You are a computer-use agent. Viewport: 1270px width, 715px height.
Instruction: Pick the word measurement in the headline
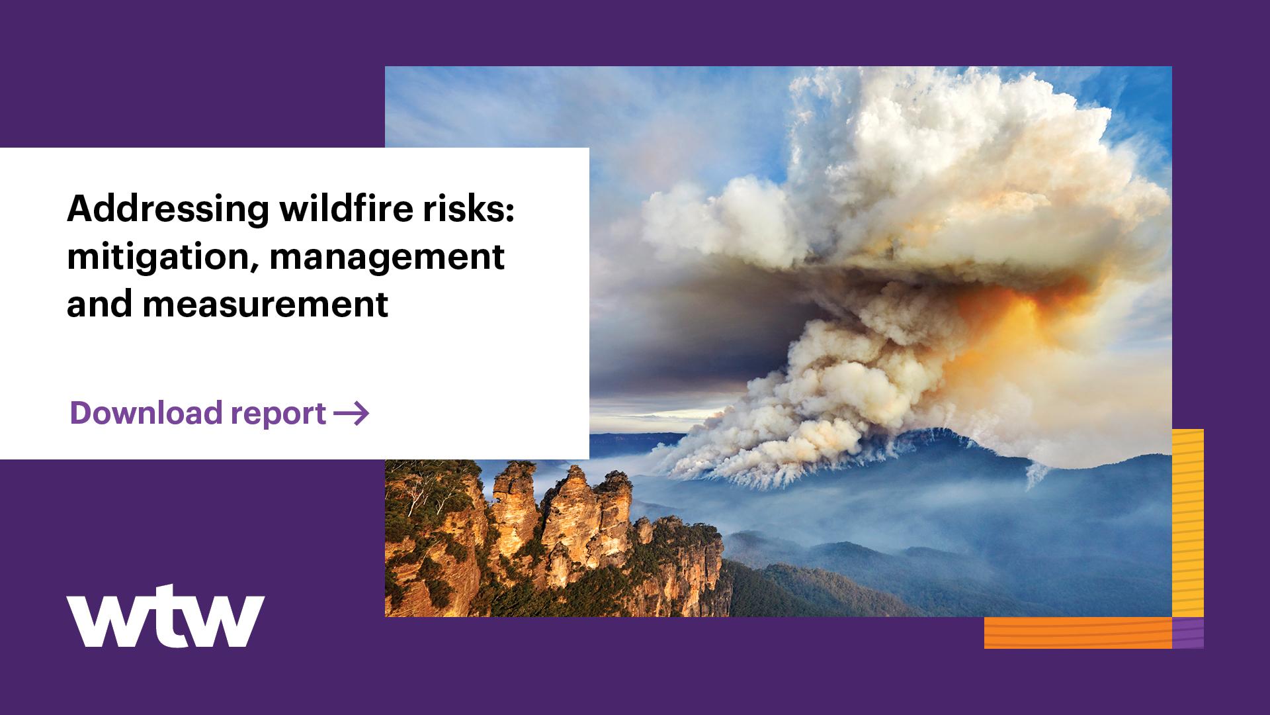265,305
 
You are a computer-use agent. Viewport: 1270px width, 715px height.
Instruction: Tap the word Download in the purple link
146,413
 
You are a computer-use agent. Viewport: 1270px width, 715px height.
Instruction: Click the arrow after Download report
351,414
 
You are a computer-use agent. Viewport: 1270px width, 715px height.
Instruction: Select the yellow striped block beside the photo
1187,523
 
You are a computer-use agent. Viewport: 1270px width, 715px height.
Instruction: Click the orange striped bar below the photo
1078,632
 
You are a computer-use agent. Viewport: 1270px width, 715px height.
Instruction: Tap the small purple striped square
1187,632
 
